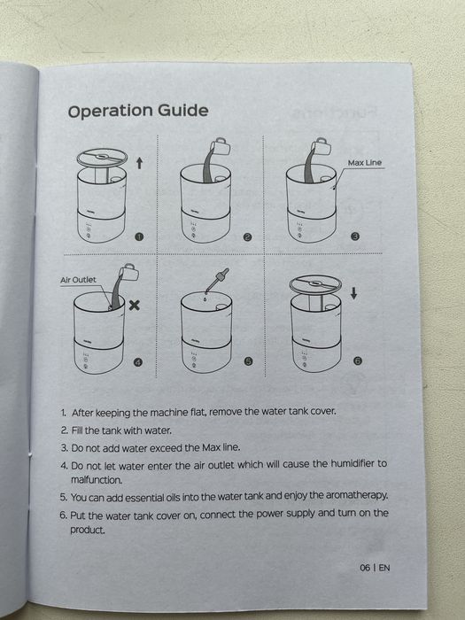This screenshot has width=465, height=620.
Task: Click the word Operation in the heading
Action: tap(111, 112)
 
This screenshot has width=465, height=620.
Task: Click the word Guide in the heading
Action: tap(183, 111)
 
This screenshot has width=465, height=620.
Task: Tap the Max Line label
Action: tap(365, 162)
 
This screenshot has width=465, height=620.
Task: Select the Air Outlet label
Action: tap(78, 280)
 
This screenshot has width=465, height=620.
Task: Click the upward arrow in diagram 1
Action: tap(139, 163)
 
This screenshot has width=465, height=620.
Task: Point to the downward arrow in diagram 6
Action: tap(354, 293)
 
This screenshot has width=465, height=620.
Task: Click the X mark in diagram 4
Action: tap(135, 305)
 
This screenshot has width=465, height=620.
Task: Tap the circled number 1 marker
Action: tap(139, 236)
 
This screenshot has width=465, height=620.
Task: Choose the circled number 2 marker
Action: tap(247, 236)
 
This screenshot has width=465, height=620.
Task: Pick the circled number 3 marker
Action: tap(355, 236)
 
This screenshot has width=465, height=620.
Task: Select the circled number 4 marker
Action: tap(137, 362)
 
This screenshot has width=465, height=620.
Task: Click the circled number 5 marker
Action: tap(248, 361)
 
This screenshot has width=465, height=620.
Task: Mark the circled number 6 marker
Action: tap(358, 360)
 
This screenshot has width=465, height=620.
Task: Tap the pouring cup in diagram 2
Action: tap(220, 147)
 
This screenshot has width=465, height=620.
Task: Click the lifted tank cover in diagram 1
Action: tap(102, 158)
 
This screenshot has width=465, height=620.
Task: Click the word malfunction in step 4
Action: tap(96, 480)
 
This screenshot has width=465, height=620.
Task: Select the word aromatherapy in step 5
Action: tap(357, 495)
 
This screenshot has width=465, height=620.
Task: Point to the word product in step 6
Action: tap(88, 530)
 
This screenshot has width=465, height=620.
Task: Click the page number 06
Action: tap(365, 568)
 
